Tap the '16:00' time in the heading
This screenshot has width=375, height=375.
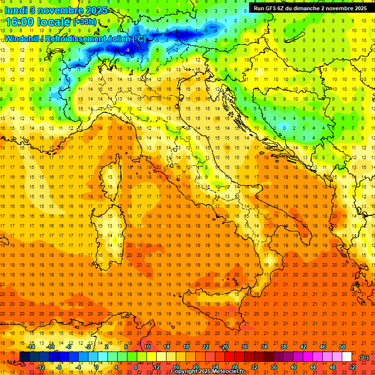(21, 22)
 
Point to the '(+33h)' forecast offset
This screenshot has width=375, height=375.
(84, 22)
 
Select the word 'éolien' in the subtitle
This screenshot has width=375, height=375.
(117, 39)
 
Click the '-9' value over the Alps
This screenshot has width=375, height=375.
(127, 50)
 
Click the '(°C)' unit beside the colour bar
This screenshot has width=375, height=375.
(363, 357)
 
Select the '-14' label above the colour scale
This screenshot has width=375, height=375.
(31, 347)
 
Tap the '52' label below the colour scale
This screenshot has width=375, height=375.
(352, 367)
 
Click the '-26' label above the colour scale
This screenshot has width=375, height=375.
(224, 347)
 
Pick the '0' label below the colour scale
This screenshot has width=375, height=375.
(97, 367)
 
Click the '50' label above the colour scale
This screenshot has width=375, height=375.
(342, 347)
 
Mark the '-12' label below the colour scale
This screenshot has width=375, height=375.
(41, 367)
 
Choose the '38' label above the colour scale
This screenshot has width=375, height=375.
(283, 347)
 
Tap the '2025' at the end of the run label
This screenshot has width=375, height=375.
(361, 8)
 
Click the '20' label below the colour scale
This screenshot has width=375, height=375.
(195, 367)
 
